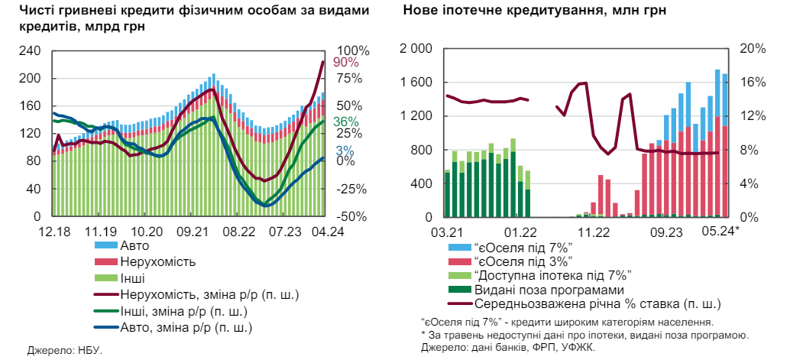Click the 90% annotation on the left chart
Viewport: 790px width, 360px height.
pyautogui.click(x=345, y=62)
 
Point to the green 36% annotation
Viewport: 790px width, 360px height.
pyautogui.click(x=345, y=122)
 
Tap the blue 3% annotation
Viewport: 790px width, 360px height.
pyautogui.click(x=345, y=151)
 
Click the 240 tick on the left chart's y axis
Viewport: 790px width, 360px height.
pyautogui.click(x=31, y=51)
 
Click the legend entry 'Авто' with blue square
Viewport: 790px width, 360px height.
pyautogui.click(x=134, y=246)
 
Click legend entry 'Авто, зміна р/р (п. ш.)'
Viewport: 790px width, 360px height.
pyautogui.click(x=186, y=327)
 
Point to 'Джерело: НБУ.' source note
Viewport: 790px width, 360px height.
pyautogui.click(x=64, y=350)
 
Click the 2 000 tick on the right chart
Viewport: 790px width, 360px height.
pyautogui.click(x=416, y=49)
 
